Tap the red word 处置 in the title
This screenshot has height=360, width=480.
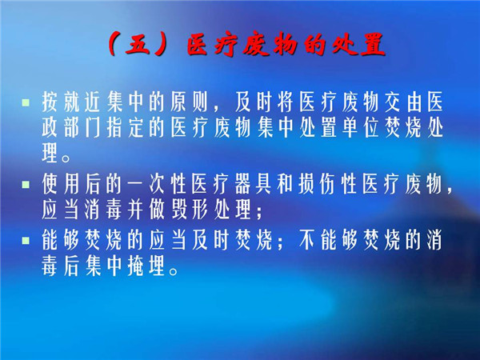point(359,46)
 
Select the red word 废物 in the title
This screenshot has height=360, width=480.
point(270,46)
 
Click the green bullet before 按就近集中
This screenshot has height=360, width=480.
point(26,102)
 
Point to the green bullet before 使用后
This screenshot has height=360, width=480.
point(26,185)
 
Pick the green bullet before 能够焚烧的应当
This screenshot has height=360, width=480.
point(26,240)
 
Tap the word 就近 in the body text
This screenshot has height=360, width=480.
point(82,102)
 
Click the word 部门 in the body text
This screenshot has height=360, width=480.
point(82,128)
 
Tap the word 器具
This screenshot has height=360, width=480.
point(254,185)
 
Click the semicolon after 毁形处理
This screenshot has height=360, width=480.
point(259,212)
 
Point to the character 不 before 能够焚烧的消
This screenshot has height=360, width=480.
point(307,240)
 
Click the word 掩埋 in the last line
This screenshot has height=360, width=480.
point(146,266)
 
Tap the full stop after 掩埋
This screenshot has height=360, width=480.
point(174,271)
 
